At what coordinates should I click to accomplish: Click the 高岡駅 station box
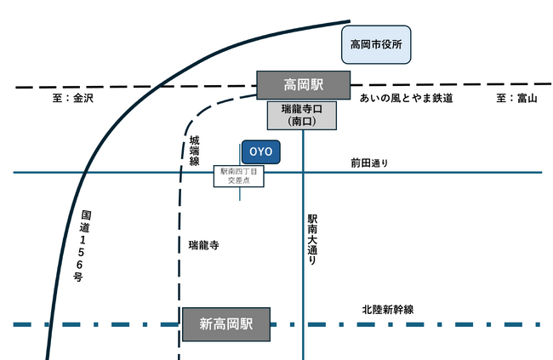304,85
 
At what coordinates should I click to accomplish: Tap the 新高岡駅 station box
225,323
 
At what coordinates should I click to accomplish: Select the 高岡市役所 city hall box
376,43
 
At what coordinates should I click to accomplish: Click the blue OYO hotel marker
260,151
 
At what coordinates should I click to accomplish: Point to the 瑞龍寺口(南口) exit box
304,116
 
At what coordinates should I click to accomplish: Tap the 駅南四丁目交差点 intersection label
239,176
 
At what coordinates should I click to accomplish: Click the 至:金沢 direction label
71,99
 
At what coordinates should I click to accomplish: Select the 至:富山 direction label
517,99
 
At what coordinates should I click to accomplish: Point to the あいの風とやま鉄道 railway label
406,99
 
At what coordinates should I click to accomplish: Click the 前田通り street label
368,163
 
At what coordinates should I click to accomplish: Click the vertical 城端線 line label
194,150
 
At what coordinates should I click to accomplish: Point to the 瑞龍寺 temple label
204,245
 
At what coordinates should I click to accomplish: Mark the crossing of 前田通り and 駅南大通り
304,173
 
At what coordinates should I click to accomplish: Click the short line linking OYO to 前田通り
239,194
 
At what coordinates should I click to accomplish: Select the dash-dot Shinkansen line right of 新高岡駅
408,323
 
